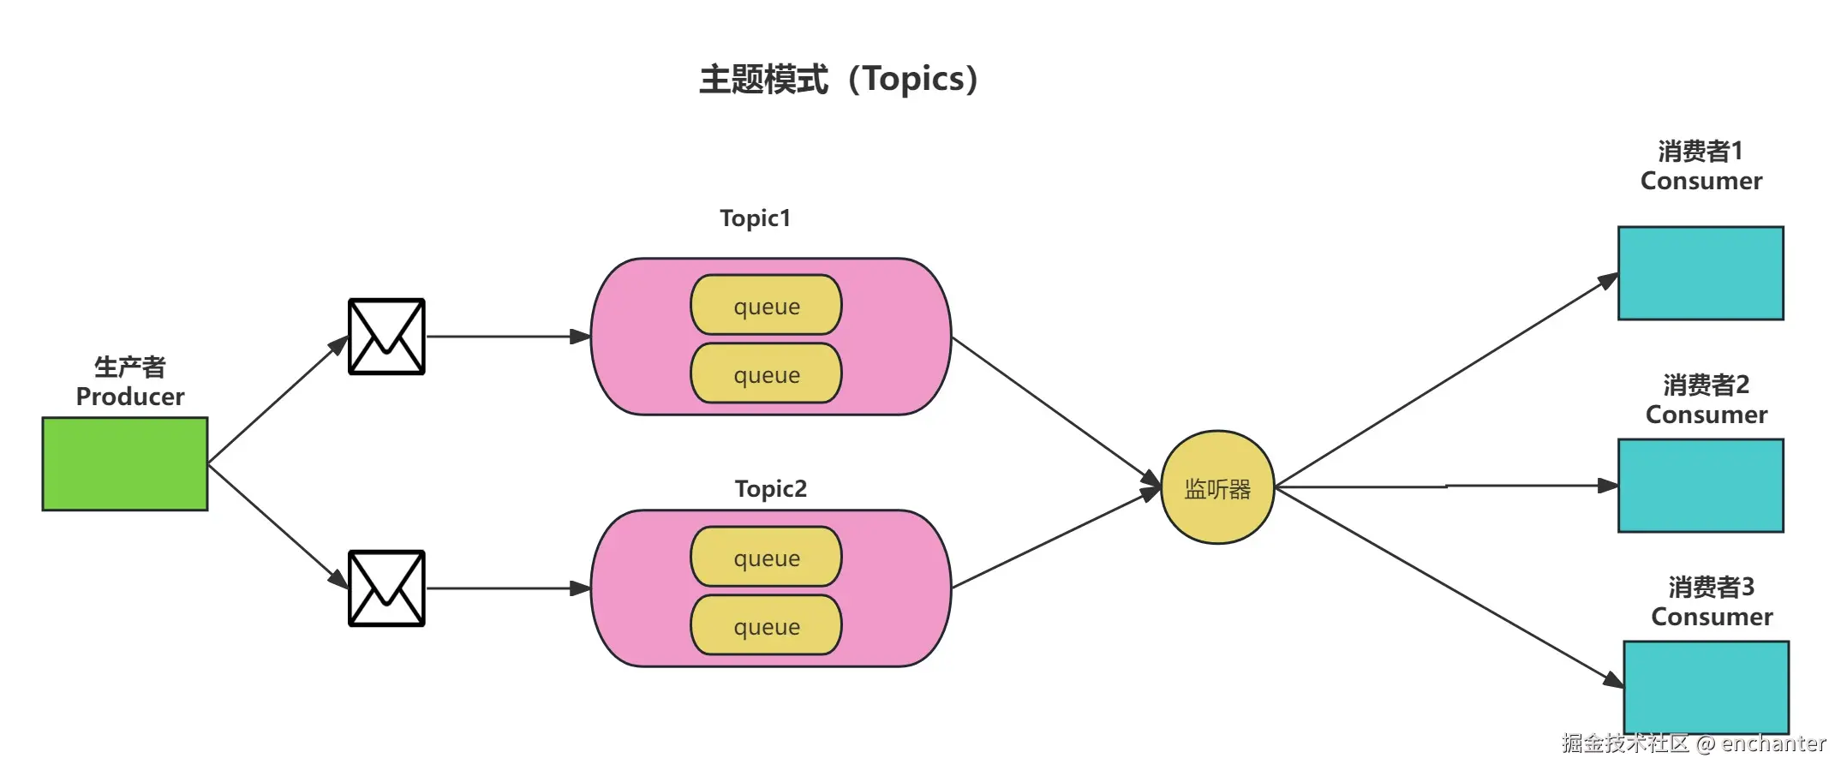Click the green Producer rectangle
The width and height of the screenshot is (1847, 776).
pyautogui.click(x=125, y=464)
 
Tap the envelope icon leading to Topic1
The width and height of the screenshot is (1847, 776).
pyautogui.click(x=386, y=337)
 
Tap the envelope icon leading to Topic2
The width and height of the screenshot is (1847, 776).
pyautogui.click(x=386, y=588)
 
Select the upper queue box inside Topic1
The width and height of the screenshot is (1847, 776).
pyautogui.click(x=766, y=305)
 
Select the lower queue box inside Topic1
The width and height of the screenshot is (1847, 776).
pyautogui.click(x=766, y=373)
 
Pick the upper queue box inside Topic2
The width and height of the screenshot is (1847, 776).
pyautogui.click(x=766, y=557)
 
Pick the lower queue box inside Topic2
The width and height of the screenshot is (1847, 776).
pyautogui.click(x=766, y=625)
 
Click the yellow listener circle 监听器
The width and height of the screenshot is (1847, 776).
pyautogui.click(x=1217, y=487)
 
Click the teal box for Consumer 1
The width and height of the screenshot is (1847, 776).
pyautogui.click(x=1701, y=273)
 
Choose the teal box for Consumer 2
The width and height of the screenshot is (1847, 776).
pyautogui.click(x=1701, y=486)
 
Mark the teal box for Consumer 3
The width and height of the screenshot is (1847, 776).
pyautogui.click(x=1706, y=687)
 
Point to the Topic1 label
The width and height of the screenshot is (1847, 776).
pyautogui.click(x=755, y=218)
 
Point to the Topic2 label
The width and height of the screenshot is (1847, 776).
pyautogui.click(x=770, y=489)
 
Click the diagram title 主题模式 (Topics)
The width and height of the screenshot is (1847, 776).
pyautogui.click(x=839, y=79)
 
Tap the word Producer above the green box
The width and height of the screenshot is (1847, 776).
pyautogui.click(x=130, y=397)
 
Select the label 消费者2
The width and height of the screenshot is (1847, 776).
pyautogui.click(x=1706, y=385)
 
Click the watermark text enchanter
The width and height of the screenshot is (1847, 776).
pyautogui.click(x=1772, y=743)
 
